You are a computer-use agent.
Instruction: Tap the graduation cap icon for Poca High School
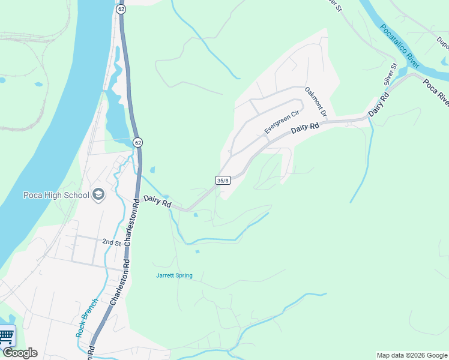click(x=98, y=194)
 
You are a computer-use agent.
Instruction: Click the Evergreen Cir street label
click(x=282, y=122)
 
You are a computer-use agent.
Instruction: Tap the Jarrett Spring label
click(x=174, y=275)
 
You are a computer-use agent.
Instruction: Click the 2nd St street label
click(x=111, y=242)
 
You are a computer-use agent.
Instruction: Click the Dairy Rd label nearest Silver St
click(x=376, y=106)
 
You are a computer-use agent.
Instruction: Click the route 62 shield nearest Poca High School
click(x=138, y=142)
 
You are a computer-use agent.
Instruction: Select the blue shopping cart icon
click(x=6, y=335)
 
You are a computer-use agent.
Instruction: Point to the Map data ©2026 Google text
click(x=412, y=355)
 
